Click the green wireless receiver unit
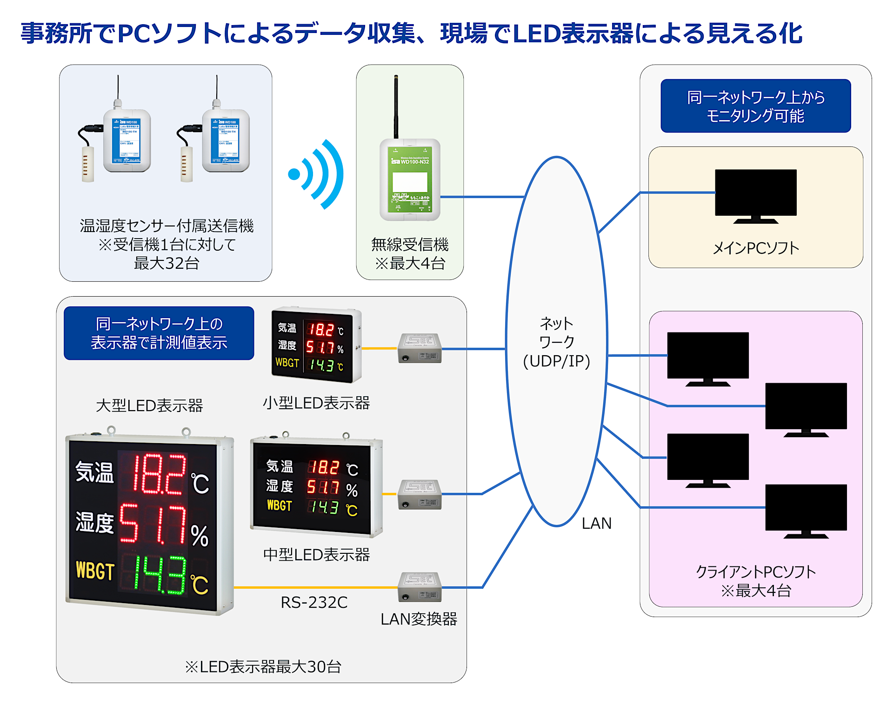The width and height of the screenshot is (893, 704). tap(410, 179)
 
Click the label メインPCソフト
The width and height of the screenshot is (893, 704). tap(756, 248)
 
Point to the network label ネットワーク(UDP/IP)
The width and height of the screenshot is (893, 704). tap(556, 342)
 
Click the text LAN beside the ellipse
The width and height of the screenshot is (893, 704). tap(596, 524)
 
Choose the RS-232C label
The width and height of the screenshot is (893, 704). tap(314, 603)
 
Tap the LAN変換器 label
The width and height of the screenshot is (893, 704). tap(419, 619)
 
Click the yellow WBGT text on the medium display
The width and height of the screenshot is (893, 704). tap(279, 506)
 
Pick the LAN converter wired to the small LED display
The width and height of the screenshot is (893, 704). tap(420, 348)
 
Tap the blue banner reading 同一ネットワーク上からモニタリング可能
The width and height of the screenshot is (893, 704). tap(755, 106)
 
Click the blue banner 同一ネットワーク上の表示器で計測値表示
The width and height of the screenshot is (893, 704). tap(159, 333)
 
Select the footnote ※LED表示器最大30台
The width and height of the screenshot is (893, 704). tap(263, 667)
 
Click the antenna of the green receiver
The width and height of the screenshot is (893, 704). tap(396, 107)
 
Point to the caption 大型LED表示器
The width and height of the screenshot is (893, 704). tap(149, 406)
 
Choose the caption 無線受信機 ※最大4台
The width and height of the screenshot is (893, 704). tap(410, 254)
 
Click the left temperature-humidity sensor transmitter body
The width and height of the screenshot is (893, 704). tap(127, 140)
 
